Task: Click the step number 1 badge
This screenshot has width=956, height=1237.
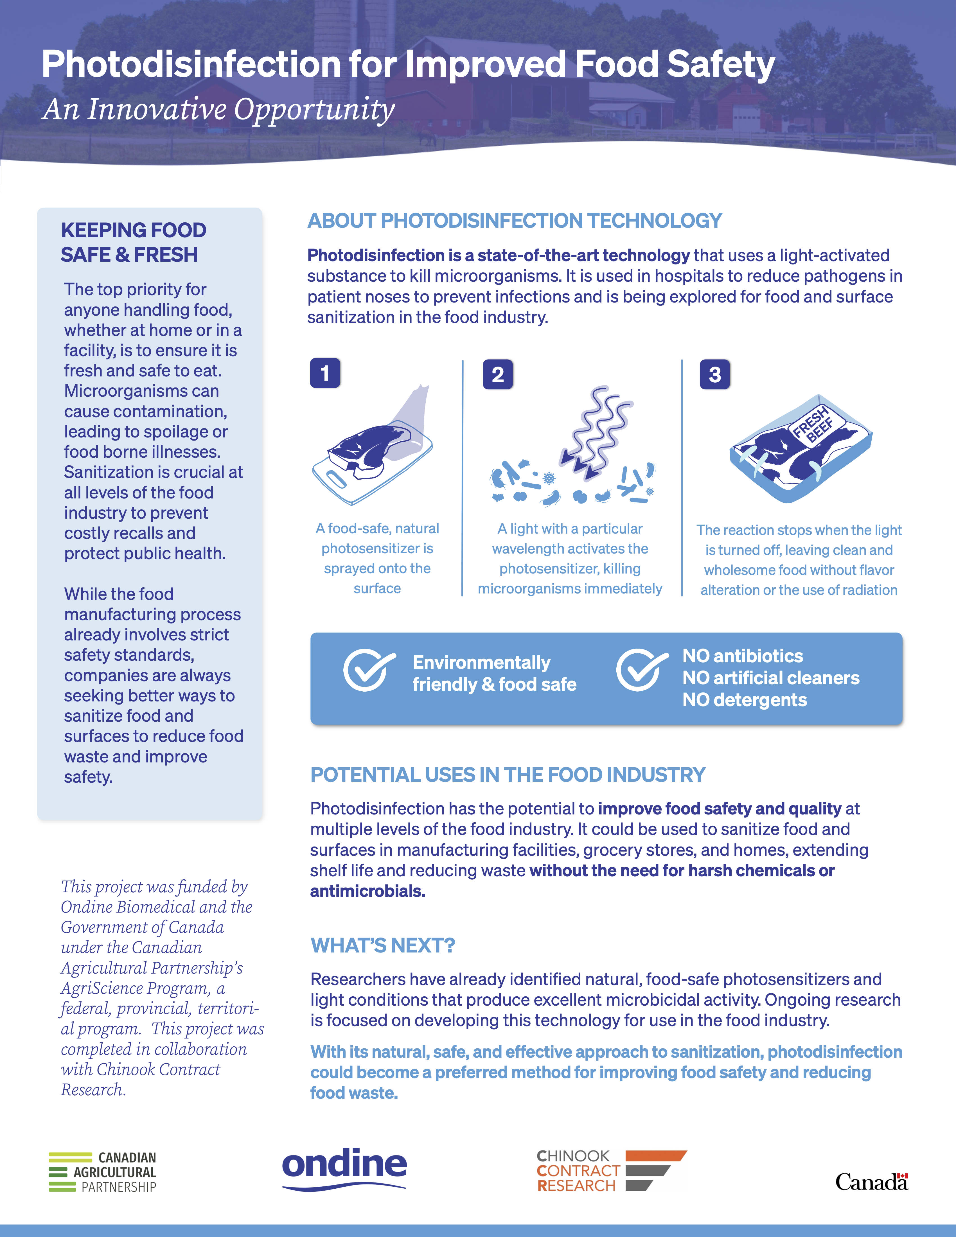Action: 324,373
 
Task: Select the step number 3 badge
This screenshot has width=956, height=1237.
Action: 715,374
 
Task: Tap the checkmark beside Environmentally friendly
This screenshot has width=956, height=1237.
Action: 368,670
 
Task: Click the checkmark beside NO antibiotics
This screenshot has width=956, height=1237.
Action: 641,670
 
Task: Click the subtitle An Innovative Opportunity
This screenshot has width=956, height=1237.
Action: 218,109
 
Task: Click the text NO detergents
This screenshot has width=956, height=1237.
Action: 744,700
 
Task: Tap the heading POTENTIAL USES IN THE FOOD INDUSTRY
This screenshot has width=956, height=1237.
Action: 508,775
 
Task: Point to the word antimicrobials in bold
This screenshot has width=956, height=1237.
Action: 367,891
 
